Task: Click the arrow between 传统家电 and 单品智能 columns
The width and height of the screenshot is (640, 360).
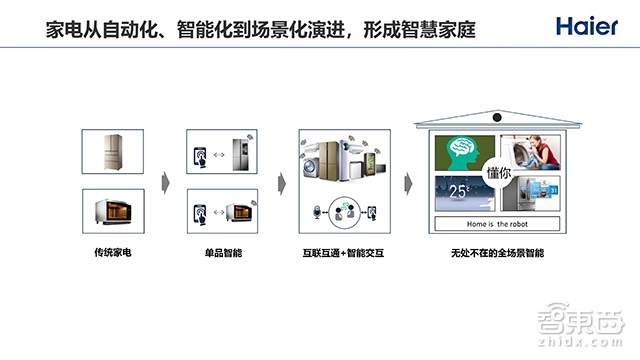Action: [165, 182]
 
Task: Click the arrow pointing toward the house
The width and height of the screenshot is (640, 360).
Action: [408, 182]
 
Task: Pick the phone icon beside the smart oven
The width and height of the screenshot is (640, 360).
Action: [200, 214]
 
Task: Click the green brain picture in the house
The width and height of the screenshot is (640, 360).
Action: [461, 152]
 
